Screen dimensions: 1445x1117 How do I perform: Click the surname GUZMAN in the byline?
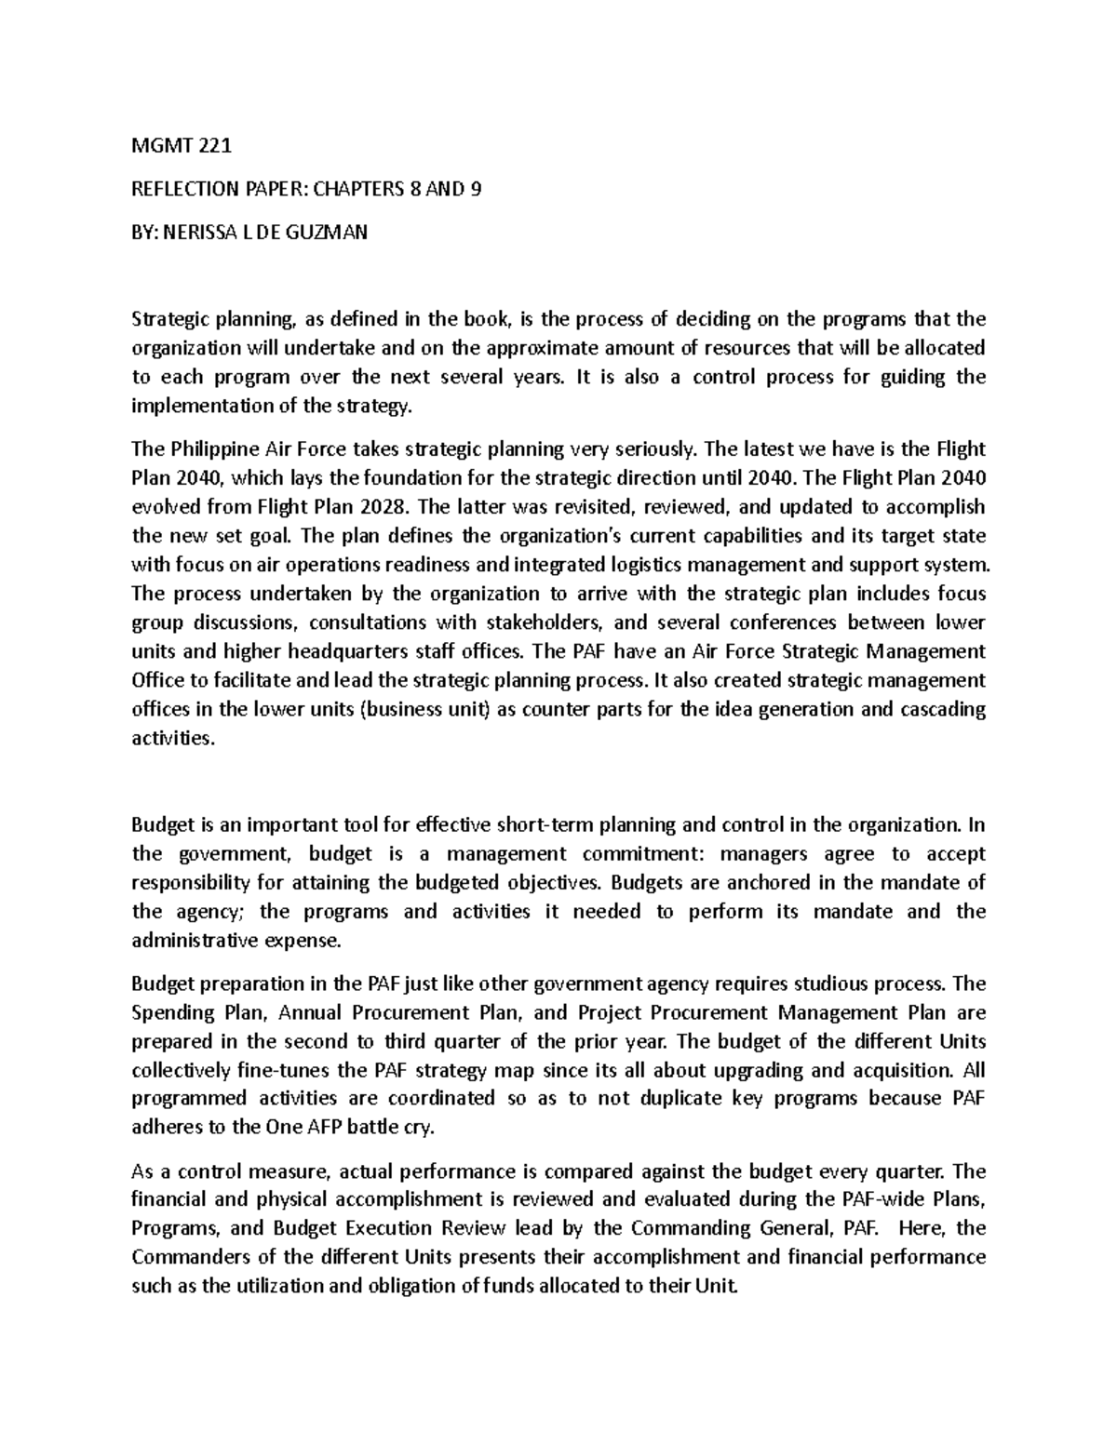pyautogui.click(x=330, y=233)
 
